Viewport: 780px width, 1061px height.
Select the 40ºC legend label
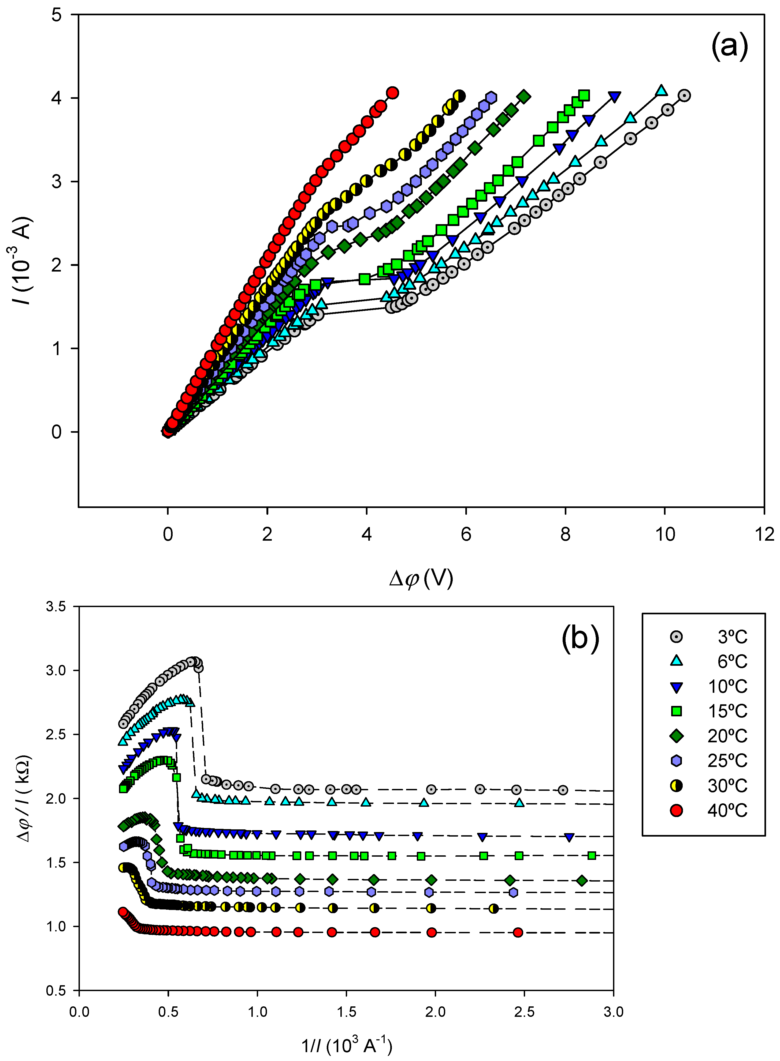point(727,811)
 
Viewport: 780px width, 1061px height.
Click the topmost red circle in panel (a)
point(392,92)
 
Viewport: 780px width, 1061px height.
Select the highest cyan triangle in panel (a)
point(662,90)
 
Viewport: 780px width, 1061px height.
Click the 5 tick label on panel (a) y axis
point(57,15)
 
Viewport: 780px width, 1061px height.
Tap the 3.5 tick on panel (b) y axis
point(56,607)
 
